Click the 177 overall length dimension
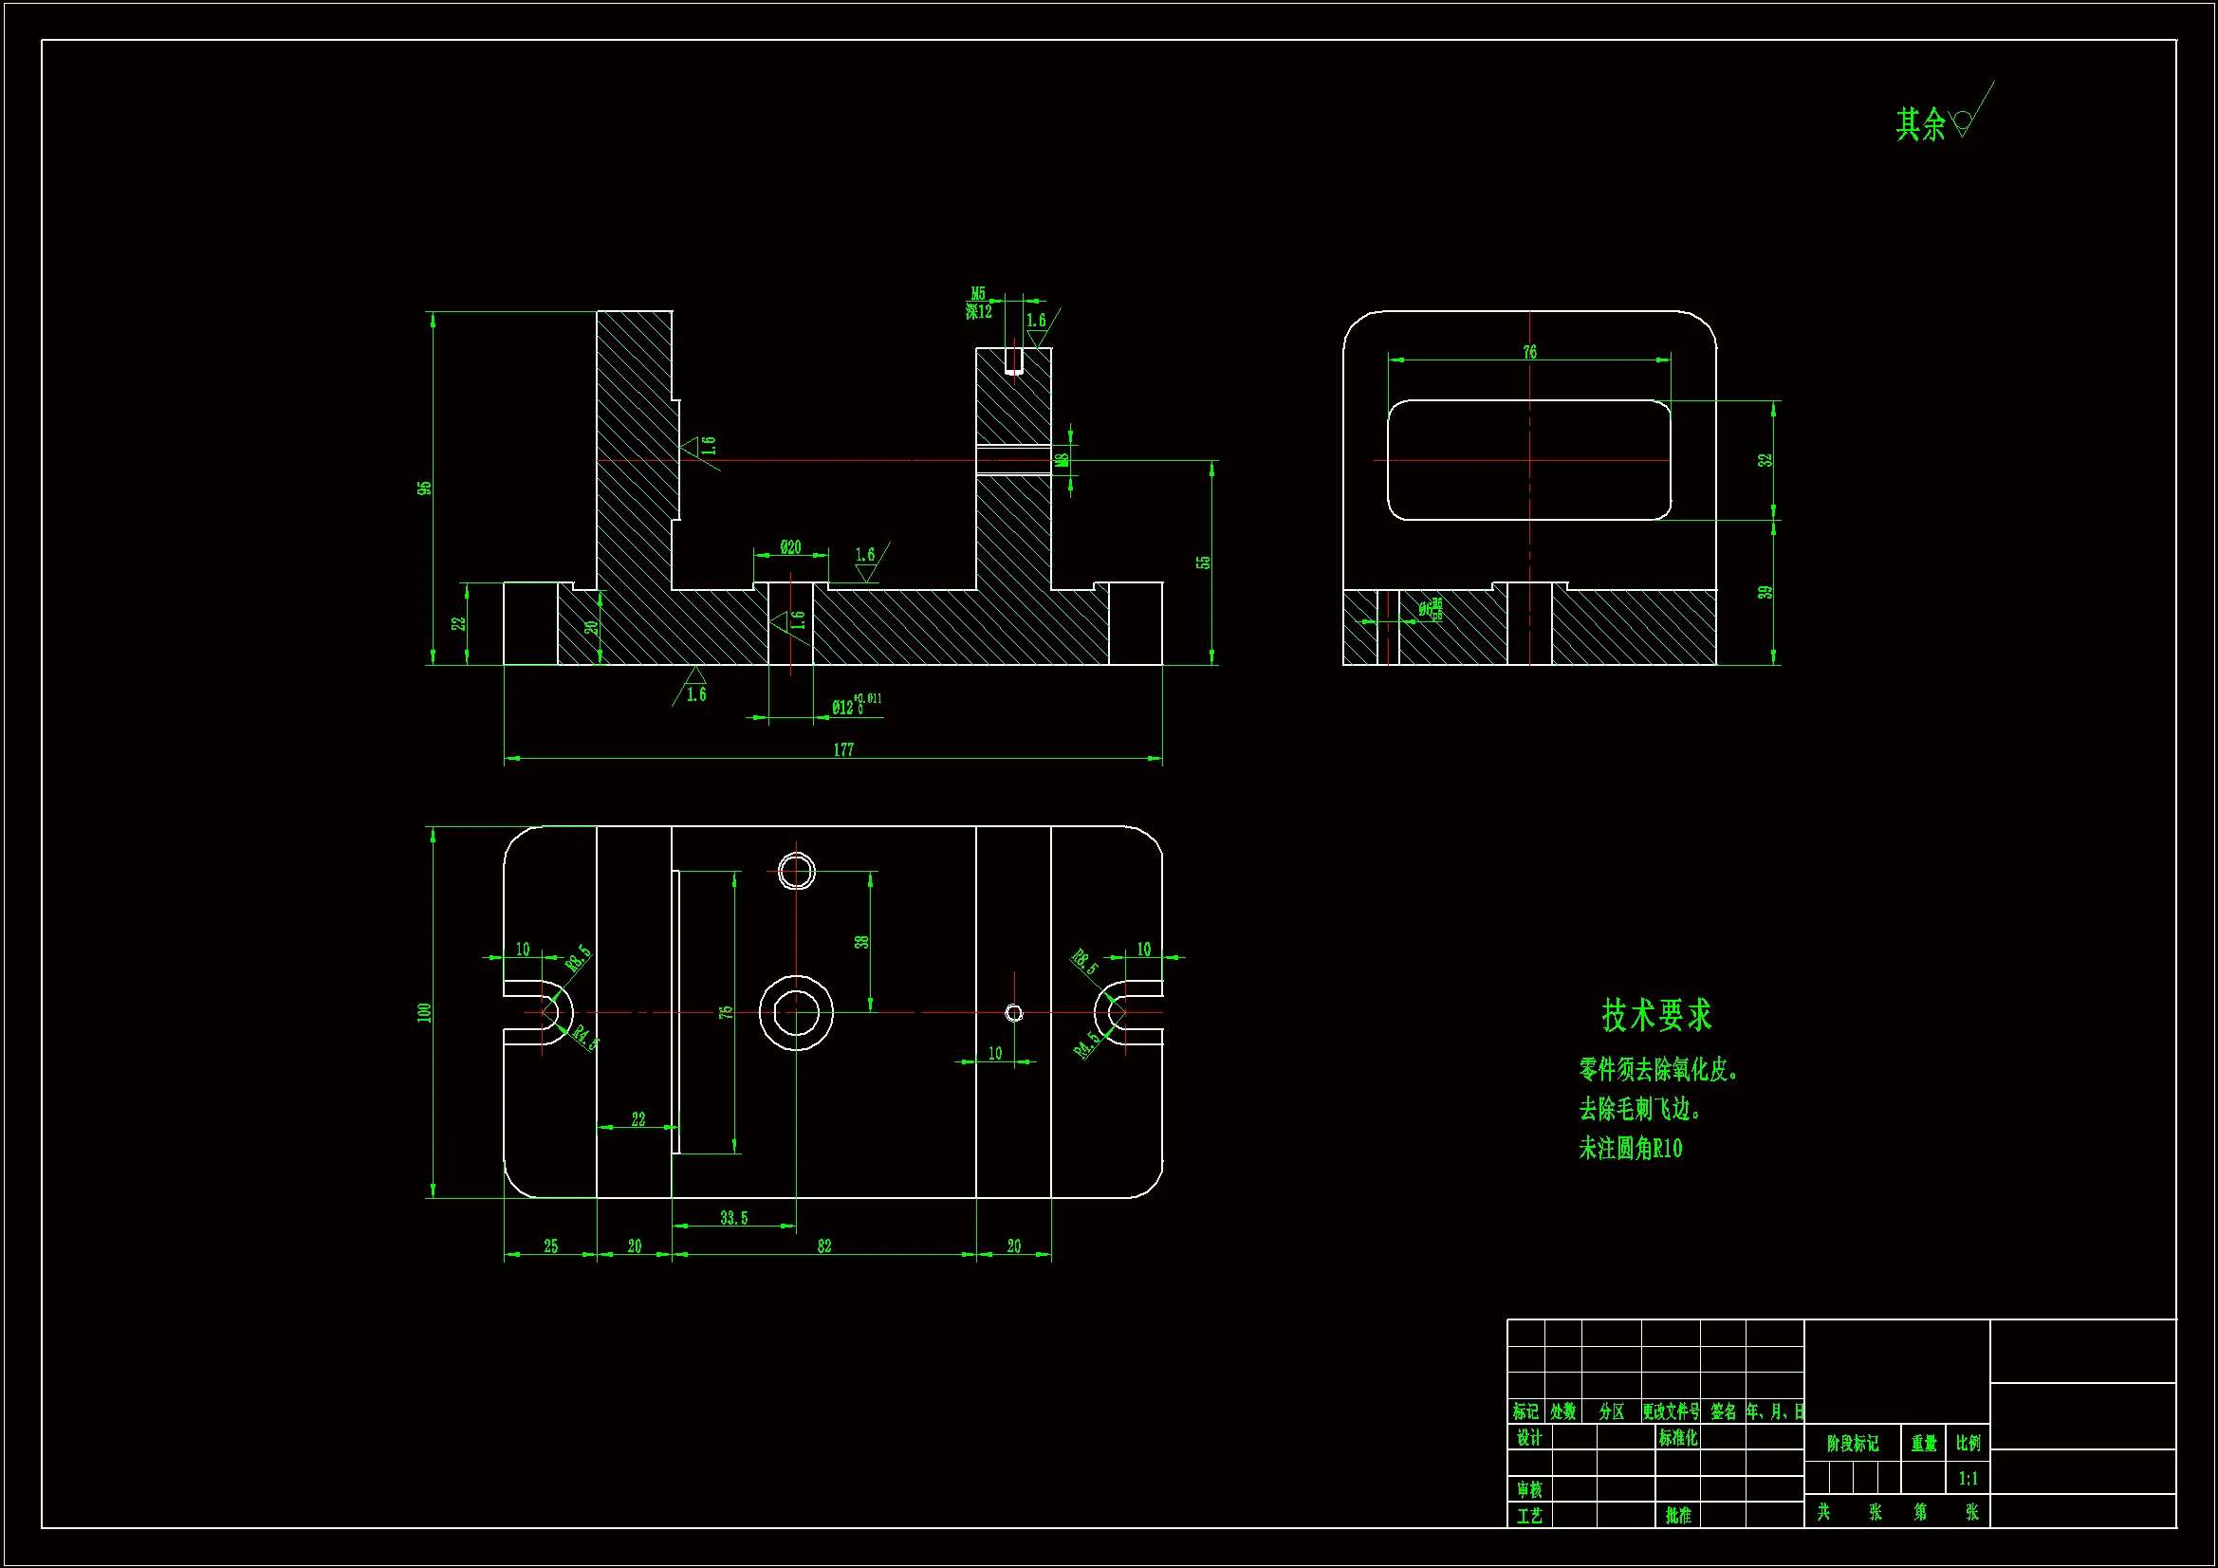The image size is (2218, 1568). pyautogui.click(x=843, y=749)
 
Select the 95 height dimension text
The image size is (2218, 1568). pyautogui.click(x=425, y=489)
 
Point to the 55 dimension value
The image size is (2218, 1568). pyautogui.click(x=1203, y=563)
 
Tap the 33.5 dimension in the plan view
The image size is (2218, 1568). pyautogui.click(x=733, y=1218)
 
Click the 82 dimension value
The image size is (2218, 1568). pyautogui.click(x=824, y=1246)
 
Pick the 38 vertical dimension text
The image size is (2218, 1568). pyautogui.click(x=861, y=942)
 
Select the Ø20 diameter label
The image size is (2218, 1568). pyautogui.click(x=790, y=547)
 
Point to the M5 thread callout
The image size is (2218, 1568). pyautogui.click(x=979, y=294)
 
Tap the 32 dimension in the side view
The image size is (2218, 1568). pyautogui.click(x=1765, y=461)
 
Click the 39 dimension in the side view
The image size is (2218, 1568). pyautogui.click(x=1765, y=592)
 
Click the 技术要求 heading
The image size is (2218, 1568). pyautogui.click(x=1656, y=1015)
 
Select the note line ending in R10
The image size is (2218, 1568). pyautogui.click(x=1631, y=1149)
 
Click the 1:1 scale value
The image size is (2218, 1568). pyautogui.click(x=1968, y=1478)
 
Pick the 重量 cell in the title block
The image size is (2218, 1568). pyautogui.click(x=1923, y=1444)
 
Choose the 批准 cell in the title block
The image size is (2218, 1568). pyautogui.click(x=1678, y=1516)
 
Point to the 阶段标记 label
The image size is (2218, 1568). pyautogui.click(x=1852, y=1444)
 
